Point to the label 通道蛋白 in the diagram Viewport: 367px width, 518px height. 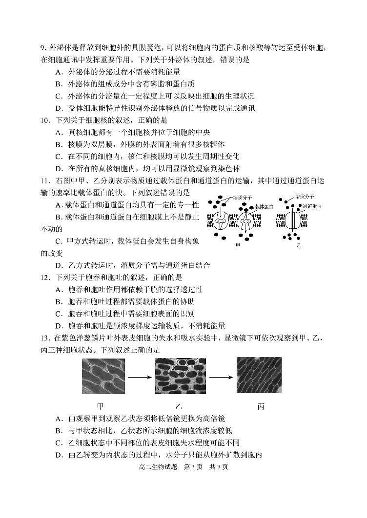point(311,206)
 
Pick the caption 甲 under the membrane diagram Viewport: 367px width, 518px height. point(238,245)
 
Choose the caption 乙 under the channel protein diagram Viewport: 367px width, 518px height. point(299,245)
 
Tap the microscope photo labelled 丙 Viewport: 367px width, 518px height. point(259,375)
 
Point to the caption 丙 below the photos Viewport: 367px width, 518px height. point(260,406)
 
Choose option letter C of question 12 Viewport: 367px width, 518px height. point(58,314)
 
